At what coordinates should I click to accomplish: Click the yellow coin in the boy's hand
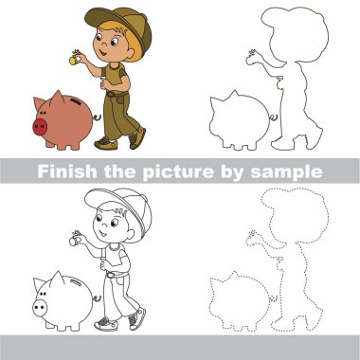point(73,61)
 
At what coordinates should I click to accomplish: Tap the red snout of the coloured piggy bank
point(40,127)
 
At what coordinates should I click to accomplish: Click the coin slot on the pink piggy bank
point(76,101)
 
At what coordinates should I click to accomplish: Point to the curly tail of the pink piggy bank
point(97,117)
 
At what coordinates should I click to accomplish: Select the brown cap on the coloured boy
point(121,26)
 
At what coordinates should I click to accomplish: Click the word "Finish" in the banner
point(67,171)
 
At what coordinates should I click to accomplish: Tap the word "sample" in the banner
point(286,172)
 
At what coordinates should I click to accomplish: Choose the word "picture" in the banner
point(178,172)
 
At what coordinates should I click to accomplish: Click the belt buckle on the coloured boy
point(110,94)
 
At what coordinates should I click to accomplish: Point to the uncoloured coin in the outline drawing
point(73,242)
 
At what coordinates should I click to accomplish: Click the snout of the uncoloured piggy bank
point(40,308)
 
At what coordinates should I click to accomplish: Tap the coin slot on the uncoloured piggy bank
point(76,282)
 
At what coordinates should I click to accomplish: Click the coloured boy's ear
point(130,53)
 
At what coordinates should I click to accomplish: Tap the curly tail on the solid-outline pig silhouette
point(274,118)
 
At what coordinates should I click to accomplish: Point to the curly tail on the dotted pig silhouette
point(274,298)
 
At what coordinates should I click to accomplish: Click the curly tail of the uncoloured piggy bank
point(97,298)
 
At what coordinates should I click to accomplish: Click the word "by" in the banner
point(232,172)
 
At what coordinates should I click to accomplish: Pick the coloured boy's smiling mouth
point(103,52)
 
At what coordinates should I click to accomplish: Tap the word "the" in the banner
point(119,171)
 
